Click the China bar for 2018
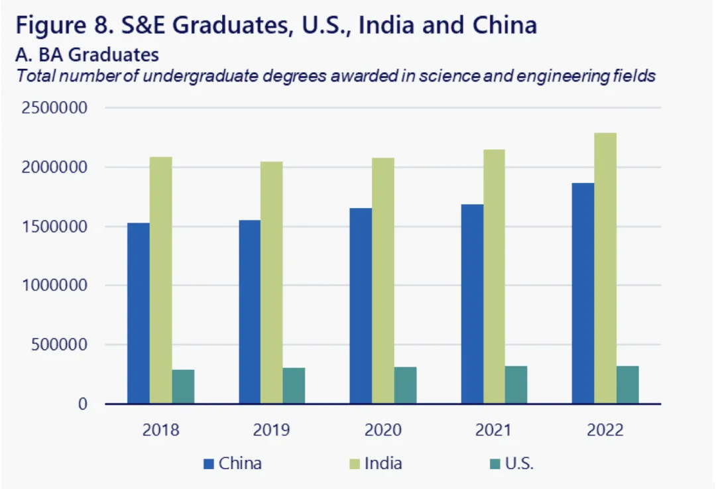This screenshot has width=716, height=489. click(139, 313)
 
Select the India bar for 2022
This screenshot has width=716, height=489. click(605, 268)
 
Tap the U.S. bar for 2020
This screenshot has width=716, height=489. click(405, 385)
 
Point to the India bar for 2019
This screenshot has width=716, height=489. click(271, 282)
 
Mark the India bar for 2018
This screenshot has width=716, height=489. click(160, 280)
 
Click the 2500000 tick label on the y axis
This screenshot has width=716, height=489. click(54, 107)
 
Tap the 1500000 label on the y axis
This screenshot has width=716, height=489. click(54, 227)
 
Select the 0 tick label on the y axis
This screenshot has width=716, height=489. click(83, 404)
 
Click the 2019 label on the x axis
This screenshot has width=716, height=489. click(271, 430)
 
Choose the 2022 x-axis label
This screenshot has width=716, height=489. click(605, 430)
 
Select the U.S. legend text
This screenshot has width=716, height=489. click(519, 463)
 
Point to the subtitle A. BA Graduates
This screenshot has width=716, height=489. click(88, 54)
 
